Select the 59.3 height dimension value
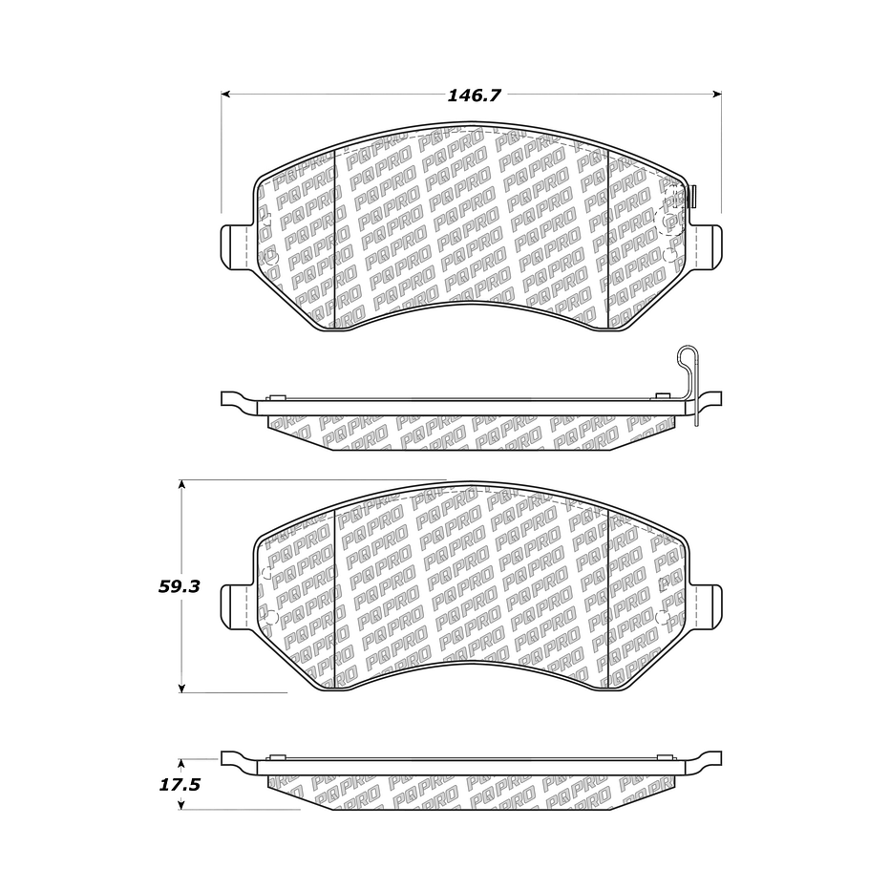179,587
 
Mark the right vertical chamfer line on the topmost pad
608,239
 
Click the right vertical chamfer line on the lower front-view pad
608,602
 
